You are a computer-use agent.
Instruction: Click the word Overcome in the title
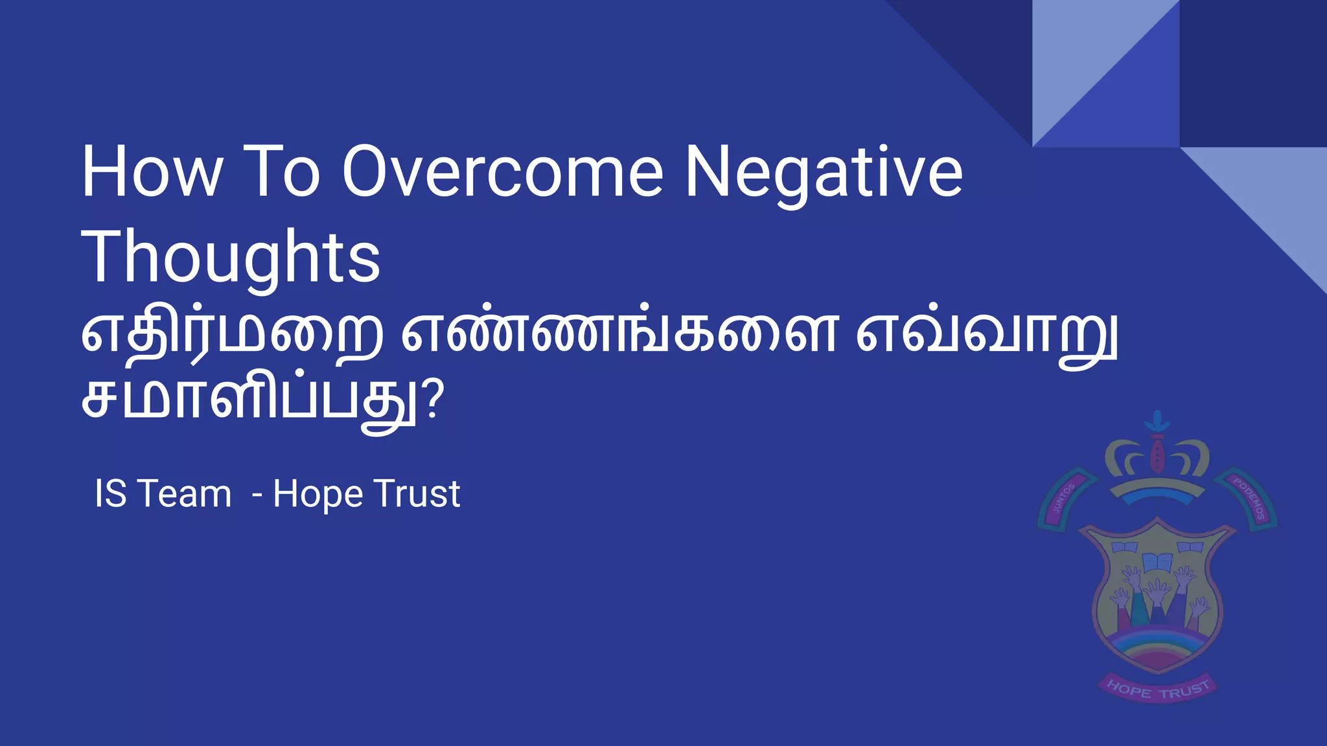pos(502,172)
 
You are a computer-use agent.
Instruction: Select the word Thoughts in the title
pos(230,258)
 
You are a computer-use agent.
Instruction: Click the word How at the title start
pos(151,172)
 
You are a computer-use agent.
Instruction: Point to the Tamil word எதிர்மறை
pos(232,335)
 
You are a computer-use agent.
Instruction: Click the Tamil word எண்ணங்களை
pos(619,335)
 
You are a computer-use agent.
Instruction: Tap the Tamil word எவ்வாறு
pos(986,335)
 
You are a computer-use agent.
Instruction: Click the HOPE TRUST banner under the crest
pos(1157,689)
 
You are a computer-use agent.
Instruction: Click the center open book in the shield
pos(1155,560)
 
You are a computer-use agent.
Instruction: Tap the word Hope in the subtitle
pos(317,495)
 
